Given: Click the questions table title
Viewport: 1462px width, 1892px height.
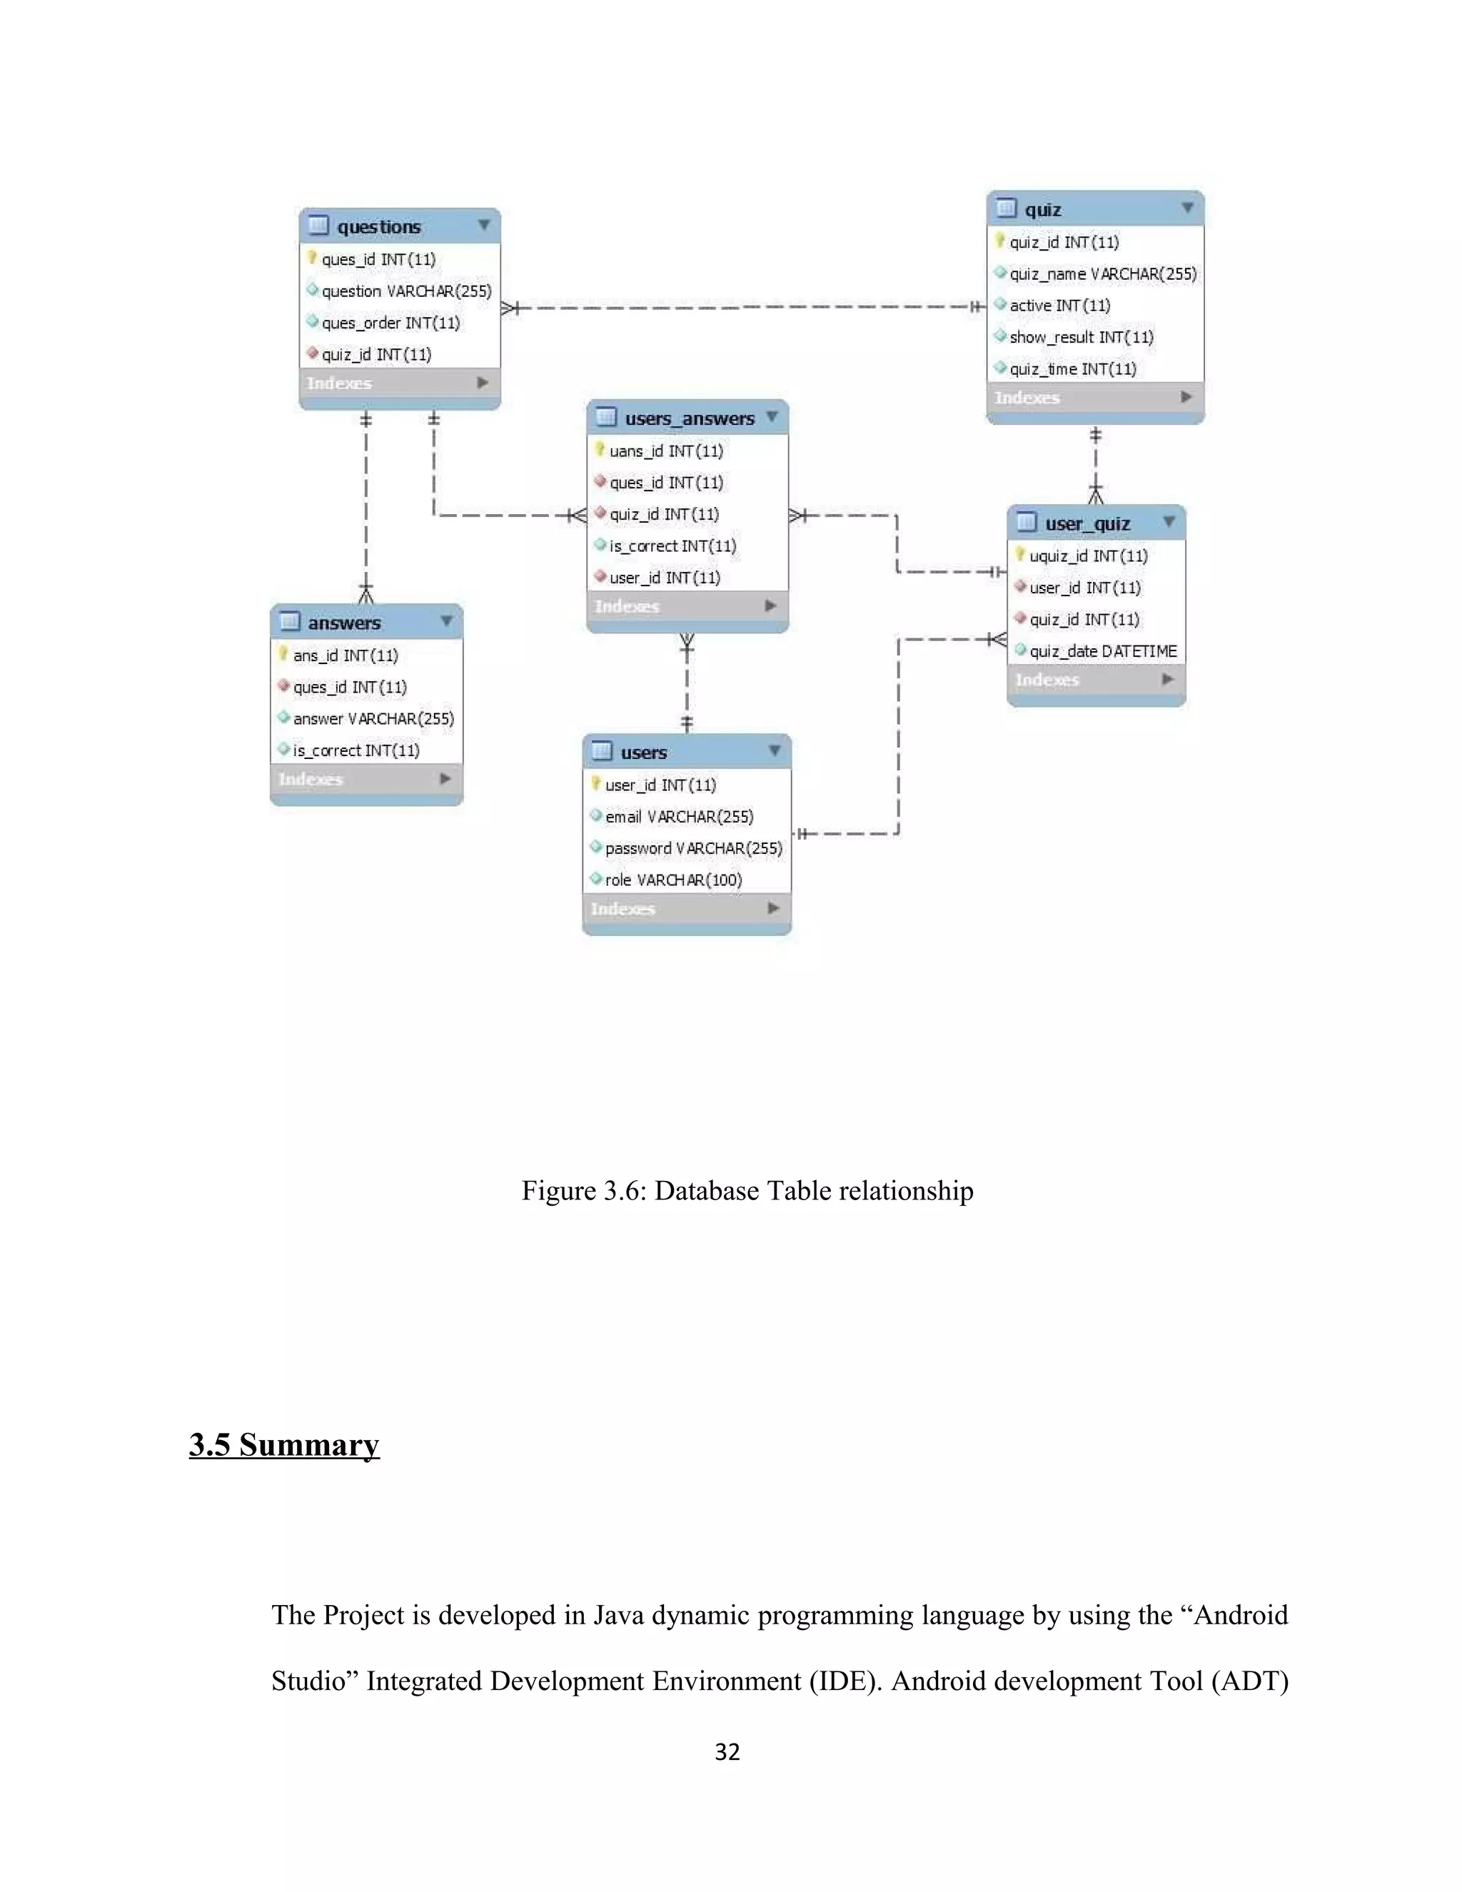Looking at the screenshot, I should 378,227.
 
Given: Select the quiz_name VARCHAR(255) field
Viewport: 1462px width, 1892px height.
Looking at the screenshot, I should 1101,273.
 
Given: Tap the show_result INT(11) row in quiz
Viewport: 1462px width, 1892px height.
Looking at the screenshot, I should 1081,337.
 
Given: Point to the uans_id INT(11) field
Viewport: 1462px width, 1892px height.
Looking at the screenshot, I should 665,451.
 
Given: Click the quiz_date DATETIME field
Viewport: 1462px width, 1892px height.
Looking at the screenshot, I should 1102,651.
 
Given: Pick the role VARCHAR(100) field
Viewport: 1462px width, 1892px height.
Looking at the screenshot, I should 673,880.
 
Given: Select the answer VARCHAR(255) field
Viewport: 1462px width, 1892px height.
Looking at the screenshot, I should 373,719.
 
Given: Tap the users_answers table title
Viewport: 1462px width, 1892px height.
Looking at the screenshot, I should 690,418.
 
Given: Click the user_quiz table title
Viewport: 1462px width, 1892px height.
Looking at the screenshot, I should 1087,524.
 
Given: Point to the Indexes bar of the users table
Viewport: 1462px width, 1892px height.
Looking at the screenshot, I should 686,909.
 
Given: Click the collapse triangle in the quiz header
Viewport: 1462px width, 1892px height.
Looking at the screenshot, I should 1187,208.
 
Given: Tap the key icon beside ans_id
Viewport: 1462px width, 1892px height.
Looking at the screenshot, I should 283,654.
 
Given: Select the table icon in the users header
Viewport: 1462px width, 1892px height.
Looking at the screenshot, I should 601,751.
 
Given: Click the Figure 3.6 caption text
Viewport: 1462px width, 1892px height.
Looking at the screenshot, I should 747,1191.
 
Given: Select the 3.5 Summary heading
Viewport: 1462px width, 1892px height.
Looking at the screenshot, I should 284,1445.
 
